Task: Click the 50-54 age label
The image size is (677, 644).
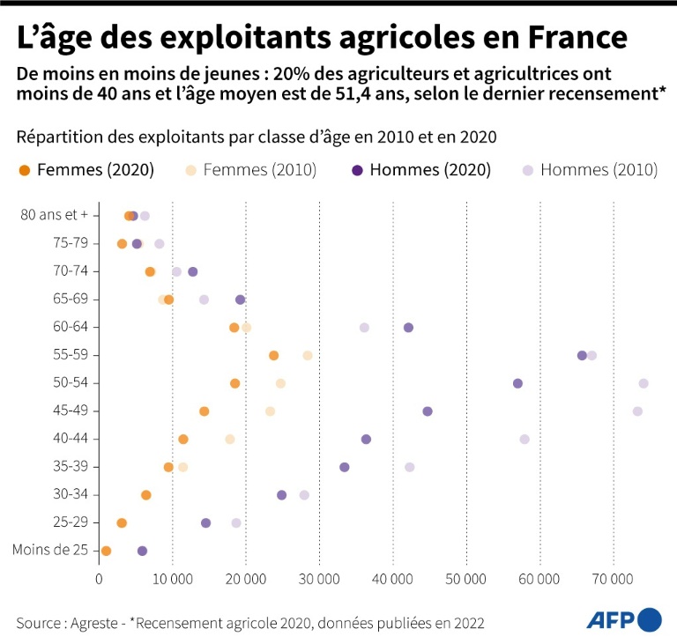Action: [x=73, y=383]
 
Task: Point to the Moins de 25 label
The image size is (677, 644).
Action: [x=51, y=551]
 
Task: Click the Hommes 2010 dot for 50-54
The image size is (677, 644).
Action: [x=644, y=383]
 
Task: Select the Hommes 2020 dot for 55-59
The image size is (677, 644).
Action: [x=582, y=355]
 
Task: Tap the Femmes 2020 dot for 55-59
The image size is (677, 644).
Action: [x=273, y=355]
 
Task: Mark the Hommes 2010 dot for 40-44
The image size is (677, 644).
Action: [x=524, y=439]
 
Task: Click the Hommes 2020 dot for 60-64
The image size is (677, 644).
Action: [x=408, y=328]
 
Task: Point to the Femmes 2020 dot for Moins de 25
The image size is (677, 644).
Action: [x=106, y=551]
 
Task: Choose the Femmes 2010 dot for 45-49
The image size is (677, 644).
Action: [x=270, y=411]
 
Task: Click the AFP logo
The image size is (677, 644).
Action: [x=624, y=619]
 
